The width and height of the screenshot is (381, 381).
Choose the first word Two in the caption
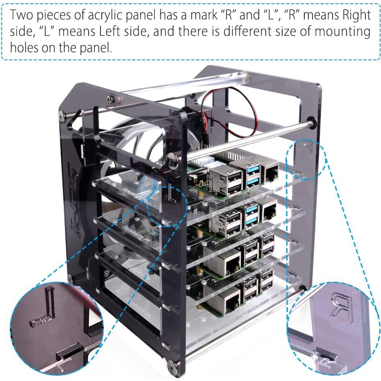pos(21,15)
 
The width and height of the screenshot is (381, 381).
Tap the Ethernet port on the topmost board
pos(270,173)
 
